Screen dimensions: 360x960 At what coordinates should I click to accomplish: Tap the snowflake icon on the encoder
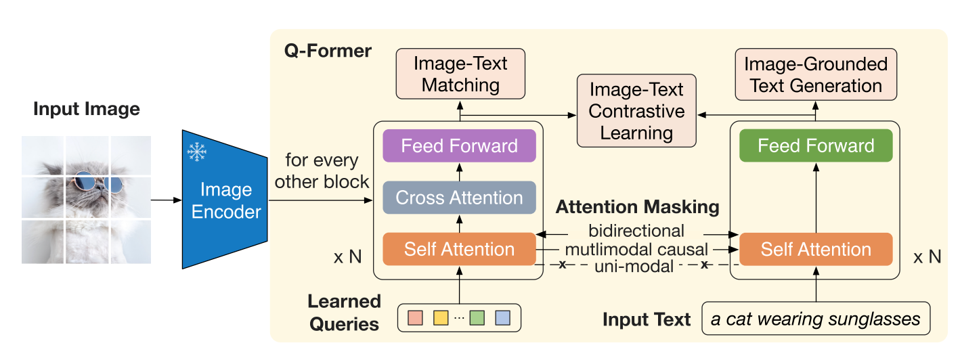(197, 153)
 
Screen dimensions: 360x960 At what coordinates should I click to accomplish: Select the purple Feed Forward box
(459, 146)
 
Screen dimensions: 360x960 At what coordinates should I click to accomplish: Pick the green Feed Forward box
(816, 146)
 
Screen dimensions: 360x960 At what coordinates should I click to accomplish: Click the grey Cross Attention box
(459, 198)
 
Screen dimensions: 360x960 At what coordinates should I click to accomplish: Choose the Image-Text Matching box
(460, 74)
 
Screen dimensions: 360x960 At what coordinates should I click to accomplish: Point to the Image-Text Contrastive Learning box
(636, 110)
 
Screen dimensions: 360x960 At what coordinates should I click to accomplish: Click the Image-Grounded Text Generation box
(816, 74)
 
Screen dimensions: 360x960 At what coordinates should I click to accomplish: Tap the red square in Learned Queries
(416, 317)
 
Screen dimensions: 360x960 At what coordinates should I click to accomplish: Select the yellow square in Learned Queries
(441, 317)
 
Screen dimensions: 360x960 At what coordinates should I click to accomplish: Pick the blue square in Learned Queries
(502, 317)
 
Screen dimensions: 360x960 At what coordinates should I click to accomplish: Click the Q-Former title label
(328, 51)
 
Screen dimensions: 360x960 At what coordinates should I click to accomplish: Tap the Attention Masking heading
(637, 207)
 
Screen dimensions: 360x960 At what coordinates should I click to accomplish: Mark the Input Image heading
(87, 108)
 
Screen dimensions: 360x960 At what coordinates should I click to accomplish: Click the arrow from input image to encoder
(165, 200)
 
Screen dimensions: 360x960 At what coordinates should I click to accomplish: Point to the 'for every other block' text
(322, 171)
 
